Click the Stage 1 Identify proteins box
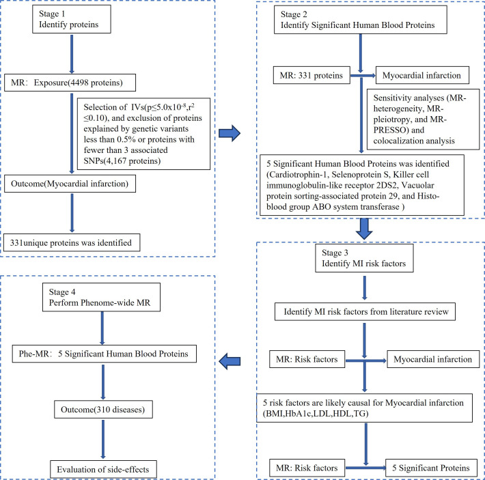pyautogui.click(x=72, y=19)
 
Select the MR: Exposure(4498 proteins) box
pyautogui.click(x=70, y=83)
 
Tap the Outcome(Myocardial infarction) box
pyautogui.click(x=70, y=184)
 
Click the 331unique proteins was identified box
pyautogui.click(x=72, y=242)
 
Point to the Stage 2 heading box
pyautogui.click(x=361, y=20)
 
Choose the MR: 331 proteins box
pyautogui.click(x=311, y=75)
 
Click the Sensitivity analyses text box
pyautogui.click(x=423, y=119)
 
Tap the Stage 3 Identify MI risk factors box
pyautogui.click(x=364, y=258)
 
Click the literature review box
pyautogui.click(x=365, y=311)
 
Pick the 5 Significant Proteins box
pyautogui.click(x=431, y=468)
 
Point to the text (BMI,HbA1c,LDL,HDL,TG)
pyautogui.click(x=316, y=414)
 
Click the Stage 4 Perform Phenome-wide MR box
pyautogui.click(x=101, y=297)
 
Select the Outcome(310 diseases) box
pyautogui.click(x=103, y=410)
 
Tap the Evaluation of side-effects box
pyautogui.click(x=103, y=470)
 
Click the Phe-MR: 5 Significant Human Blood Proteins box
pyautogui.click(x=105, y=354)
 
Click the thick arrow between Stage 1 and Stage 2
pyautogui.click(x=230, y=134)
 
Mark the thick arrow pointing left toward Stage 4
pyautogui.click(x=230, y=361)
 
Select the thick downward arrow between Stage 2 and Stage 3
pyautogui.click(x=364, y=229)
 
